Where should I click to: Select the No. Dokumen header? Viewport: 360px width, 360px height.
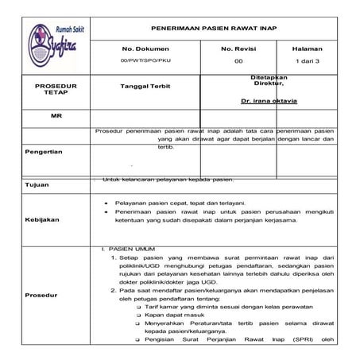[x=141, y=48]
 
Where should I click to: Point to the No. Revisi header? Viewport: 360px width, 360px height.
[x=238, y=48]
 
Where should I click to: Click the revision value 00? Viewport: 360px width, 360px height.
[x=238, y=61]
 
